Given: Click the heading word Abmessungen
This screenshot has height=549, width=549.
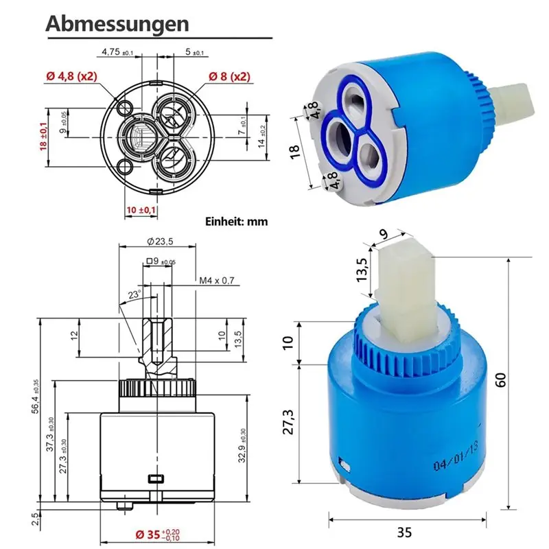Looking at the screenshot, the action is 117,24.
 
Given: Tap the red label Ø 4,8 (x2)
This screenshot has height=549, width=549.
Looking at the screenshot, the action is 71,76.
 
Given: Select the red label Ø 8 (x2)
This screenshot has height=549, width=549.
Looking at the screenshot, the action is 229,76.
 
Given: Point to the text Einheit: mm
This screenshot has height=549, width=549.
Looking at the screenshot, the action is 236,221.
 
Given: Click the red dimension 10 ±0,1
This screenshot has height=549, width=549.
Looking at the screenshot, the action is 141,210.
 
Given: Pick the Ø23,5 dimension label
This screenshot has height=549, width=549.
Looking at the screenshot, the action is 160,242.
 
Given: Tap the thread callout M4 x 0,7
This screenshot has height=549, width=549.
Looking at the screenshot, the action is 217,281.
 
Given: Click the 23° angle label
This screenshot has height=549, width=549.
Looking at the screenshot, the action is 134,294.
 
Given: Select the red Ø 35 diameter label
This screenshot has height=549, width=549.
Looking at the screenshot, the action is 158,535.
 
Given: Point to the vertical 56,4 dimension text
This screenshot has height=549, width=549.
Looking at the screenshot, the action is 36,397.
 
